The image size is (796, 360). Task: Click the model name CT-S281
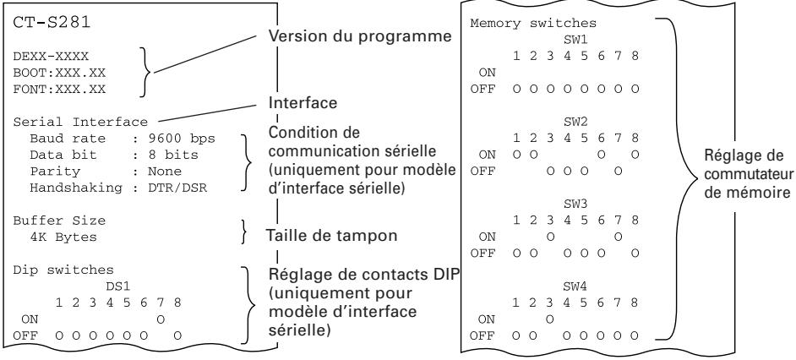click(x=52, y=23)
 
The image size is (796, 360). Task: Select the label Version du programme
click(x=359, y=36)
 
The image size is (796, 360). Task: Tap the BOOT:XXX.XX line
click(x=59, y=73)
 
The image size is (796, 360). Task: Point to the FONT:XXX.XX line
click(x=59, y=90)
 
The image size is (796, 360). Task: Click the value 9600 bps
click(x=181, y=139)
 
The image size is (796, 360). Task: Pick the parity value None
click(x=165, y=172)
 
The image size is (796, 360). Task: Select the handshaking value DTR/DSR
click(x=177, y=188)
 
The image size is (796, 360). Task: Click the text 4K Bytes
click(x=63, y=237)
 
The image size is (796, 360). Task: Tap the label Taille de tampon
click(x=331, y=236)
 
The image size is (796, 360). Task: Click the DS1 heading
click(x=118, y=286)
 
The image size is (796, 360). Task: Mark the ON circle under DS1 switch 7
click(x=161, y=319)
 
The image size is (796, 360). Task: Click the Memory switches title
click(x=533, y=24)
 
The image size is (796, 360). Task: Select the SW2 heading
click(x=575, y=122)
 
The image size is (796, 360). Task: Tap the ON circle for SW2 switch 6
click(x=601, y=155)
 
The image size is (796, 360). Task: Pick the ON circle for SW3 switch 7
click(x=618, y=237)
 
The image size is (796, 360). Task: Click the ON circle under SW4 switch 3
click(x=550, y=319)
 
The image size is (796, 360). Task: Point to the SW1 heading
click(x=575, y=40)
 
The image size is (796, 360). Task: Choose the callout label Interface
click(x=303, y=103)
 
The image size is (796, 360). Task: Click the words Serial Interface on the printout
click(x=80, y=122)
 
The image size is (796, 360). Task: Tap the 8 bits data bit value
click(x=173, y=155)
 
